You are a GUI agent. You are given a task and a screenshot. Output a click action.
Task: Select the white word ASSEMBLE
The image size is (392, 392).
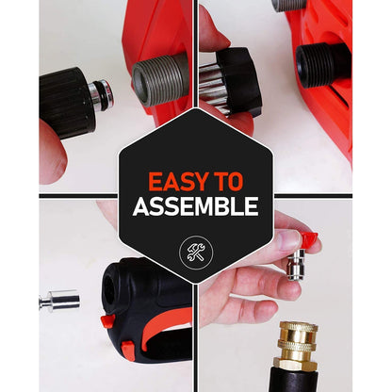point(196,206)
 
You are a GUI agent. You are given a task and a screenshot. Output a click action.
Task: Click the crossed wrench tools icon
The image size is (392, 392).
point(196,253)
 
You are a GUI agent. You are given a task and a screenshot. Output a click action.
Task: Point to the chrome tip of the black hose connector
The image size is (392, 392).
point(101,95)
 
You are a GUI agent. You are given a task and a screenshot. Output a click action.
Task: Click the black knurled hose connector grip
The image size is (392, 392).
point(67,103)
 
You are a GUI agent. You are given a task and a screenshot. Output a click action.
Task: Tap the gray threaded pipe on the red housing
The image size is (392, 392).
point(161,79)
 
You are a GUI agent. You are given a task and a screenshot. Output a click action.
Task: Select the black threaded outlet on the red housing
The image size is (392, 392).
point(323,65)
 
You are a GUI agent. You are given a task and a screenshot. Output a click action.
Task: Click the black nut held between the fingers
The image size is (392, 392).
point(240,82)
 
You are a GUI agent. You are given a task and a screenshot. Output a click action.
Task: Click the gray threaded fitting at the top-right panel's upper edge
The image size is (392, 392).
point(289,6)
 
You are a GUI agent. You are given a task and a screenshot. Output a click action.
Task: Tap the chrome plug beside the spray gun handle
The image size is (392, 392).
point(59,301)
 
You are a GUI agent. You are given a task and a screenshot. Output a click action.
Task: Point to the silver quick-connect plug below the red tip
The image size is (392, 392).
point(298,264)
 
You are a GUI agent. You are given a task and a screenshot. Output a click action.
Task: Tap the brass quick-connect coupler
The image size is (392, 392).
point(297,347)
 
